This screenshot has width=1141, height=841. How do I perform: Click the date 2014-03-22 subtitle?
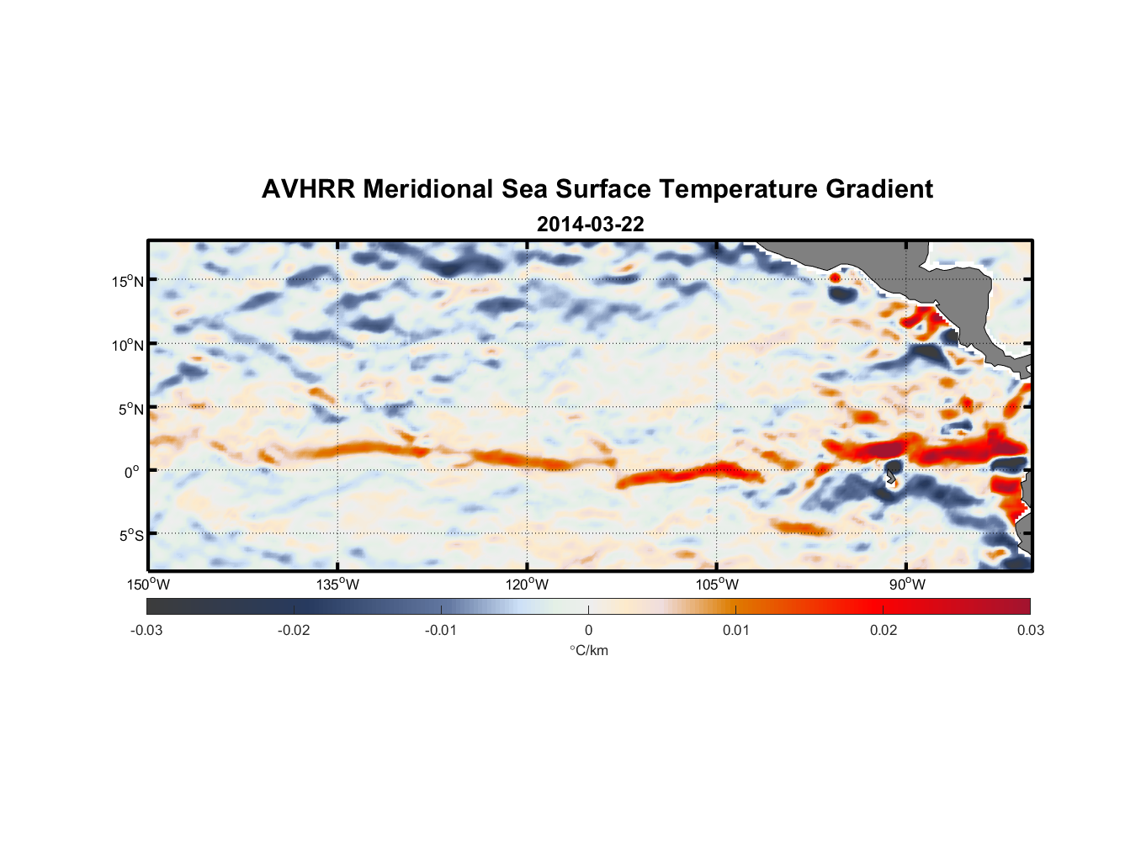tap(590, 225)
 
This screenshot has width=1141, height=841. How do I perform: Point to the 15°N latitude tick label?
tap(127, 282)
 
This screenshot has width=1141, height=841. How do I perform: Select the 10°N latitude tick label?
tap(127, 345)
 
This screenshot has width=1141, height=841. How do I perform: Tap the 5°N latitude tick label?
tap(130, 409)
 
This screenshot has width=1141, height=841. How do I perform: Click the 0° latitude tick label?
tap(132, 472)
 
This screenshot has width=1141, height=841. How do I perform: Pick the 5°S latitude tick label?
tap(130, 536)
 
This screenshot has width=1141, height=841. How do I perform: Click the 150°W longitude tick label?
tap(148, 584)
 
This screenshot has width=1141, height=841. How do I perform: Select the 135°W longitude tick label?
tap(337, 584)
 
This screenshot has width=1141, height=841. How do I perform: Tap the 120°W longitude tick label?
tap(527, 584)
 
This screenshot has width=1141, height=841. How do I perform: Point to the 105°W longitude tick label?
tap(717, 584)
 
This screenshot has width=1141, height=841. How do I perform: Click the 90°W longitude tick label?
tap(906, 584)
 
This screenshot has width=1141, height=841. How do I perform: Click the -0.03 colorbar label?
tap(146, 631)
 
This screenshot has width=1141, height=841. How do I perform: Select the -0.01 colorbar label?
tap(441, 631)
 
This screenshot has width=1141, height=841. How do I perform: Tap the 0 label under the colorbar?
tap(588, 631)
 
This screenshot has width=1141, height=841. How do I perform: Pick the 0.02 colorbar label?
tap(883, 631)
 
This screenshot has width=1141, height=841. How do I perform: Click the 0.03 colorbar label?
tap(1030, 631)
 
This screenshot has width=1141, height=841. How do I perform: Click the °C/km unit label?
tap(588, 651)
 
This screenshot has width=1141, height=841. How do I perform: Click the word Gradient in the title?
tap(879, 189)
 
